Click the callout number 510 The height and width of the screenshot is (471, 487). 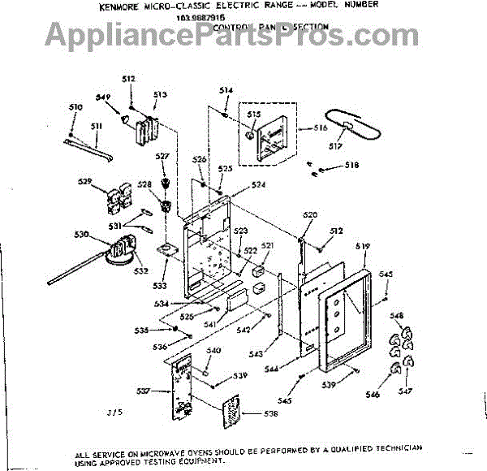tap(75, 107)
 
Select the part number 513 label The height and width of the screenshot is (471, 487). tap(160, 95)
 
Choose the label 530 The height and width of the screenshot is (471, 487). tap(81, 235)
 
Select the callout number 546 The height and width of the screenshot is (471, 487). tap(373, 395)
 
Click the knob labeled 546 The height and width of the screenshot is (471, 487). tap(395, 371)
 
